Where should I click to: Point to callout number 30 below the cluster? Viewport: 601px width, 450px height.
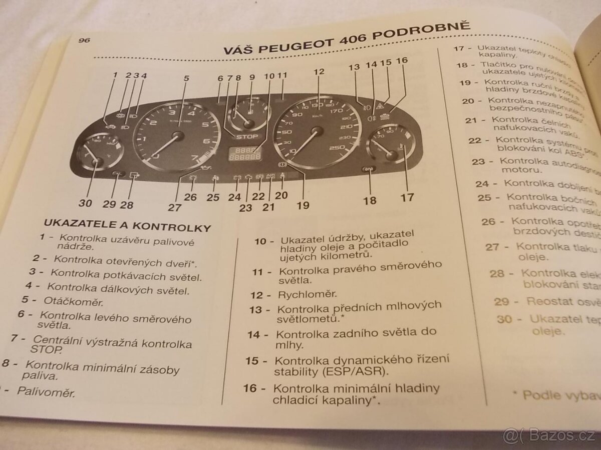click(86, 203)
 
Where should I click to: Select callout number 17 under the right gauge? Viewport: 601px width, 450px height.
click(407, 196)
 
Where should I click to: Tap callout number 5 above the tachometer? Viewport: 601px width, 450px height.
click(186, 78)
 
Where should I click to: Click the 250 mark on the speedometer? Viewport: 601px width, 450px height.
click(338, 148)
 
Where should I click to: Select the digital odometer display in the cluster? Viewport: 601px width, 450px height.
click(244, 154)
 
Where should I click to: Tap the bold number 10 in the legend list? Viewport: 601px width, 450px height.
click(260, 241)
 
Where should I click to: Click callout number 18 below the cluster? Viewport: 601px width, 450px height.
click(370, 200)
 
